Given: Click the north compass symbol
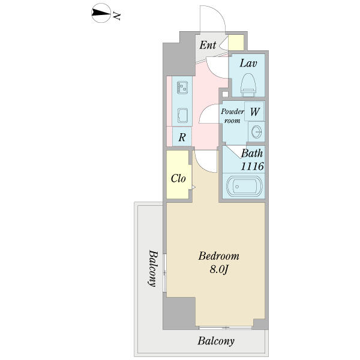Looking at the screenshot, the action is point(101,13).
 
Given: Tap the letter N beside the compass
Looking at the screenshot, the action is point(116,16).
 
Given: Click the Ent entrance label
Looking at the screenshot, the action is point(208,45).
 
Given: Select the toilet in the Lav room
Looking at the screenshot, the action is point(248,85).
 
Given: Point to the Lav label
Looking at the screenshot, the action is point(248,64).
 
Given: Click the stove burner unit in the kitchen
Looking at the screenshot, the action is point(182,88).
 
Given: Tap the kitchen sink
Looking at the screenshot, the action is point(182,115).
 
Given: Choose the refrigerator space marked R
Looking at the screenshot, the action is point(182,137).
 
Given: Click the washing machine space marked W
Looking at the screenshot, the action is point(254,112).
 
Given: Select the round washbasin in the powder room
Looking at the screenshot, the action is point(256,132).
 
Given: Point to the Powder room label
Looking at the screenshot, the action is point(232,116).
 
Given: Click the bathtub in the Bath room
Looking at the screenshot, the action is point(244,186).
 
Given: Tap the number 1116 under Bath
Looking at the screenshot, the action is point(252,166).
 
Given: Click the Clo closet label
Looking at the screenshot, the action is point(178,178).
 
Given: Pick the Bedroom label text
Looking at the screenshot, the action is point(219,256).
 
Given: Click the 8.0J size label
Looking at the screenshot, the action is point(219,269).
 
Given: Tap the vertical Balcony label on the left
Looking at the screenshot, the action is point(153,268).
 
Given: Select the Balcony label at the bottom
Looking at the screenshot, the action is point(216,341).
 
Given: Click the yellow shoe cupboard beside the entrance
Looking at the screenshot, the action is point(236,43).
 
